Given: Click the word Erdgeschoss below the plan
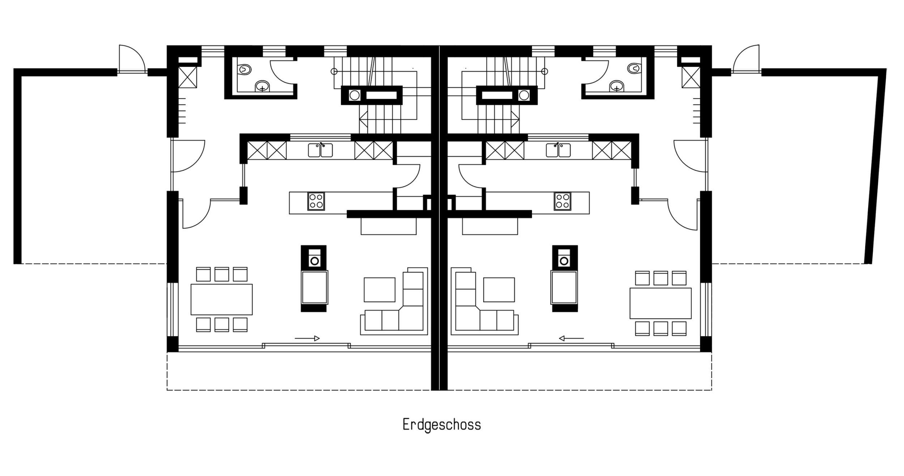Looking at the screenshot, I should (442, 425).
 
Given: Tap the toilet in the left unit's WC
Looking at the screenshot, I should (245, 69).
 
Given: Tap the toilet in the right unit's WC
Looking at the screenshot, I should (634, 68).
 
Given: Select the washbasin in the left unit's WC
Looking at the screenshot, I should (262, 86).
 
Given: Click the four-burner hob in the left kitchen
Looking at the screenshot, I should (316, 201).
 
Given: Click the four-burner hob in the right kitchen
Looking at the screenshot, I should (562, 201).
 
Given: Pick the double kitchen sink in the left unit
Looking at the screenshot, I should (320, 150).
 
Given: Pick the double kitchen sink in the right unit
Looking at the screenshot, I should (558, 150).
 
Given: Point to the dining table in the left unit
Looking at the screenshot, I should (221, 299).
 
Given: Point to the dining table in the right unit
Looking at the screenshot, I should (660, 303).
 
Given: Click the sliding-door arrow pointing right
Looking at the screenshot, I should (307, 339).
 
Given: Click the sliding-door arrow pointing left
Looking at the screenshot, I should (571, 339).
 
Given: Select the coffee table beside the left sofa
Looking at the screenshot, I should (379, 289).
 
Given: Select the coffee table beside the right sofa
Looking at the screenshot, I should (499, 289).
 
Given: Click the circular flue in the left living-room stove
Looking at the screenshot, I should (314, 260).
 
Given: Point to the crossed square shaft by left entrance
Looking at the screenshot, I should (187, 77).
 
